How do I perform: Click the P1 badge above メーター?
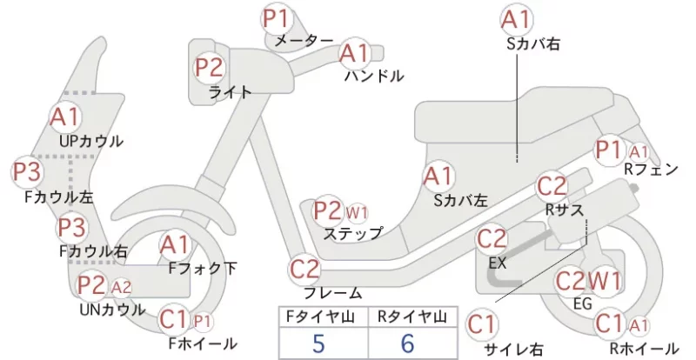pyautogui.click(x=276, y=18)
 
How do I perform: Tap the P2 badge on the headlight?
pyautogui.click(x=210, y=68)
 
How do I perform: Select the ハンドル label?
pyautogui.click(x=375, y=77)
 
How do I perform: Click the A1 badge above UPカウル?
pyautogui.click(x=64, y=117)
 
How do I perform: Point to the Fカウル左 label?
pyautogui.click(x=59, y=197)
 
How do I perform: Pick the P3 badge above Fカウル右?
pyautogui.click(x=71, y=228)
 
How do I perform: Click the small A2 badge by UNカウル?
pyautogui.click(x=121, y=288)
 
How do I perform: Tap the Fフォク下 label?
pyautogui.click(x=203, y=268)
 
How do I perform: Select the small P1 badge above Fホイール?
pyautogui.click(x=203, y=322)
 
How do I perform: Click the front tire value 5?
pyautogui.click(x=318, y=343)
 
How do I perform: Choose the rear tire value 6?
pyautogui.click(x=407, y=343)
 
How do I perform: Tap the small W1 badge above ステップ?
pyautogui.click(x=357, y=214)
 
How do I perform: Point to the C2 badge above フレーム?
pyautogui.click(x=304, y=269)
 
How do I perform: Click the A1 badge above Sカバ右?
pyautogui.click(x=517, y=20)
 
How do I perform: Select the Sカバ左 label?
pyautogui.click(x=461, y=201)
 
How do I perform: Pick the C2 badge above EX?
pyautogui.click(x=492, y=239)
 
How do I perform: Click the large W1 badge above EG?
pyautogui.click(x=604, y=281)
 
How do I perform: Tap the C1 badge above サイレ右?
pyautogui.click(x=482, y=324)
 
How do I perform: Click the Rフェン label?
pyautogui.click(x=651, y=169)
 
